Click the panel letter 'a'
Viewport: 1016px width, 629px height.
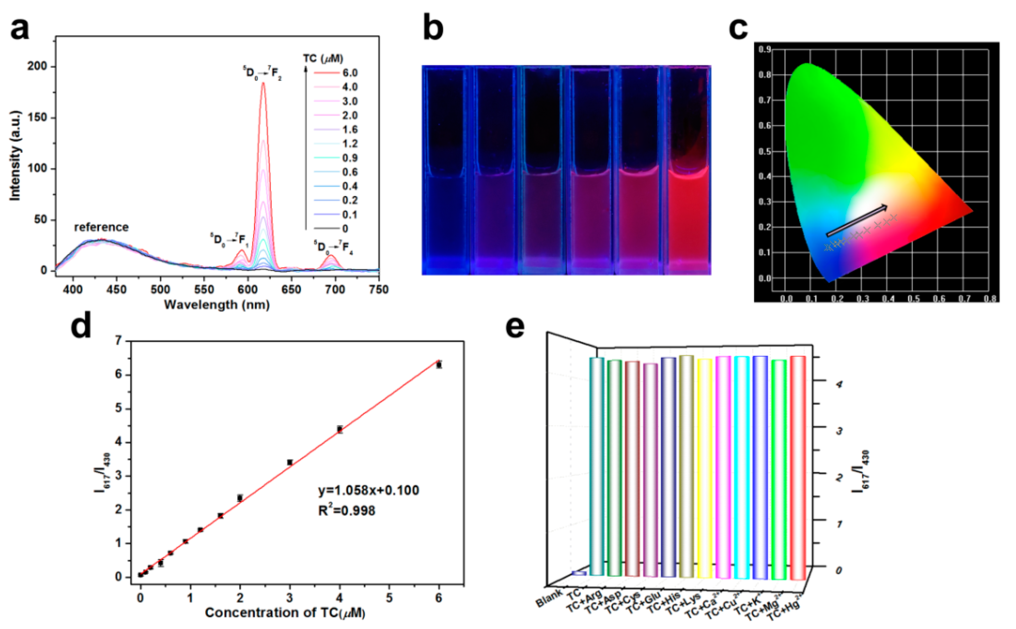[20, 29]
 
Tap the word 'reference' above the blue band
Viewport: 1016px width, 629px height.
[101, 227]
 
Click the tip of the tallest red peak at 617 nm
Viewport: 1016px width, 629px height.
[263, 83]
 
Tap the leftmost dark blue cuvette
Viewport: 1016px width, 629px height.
[446, 216]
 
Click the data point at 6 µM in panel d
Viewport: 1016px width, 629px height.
[438, 365]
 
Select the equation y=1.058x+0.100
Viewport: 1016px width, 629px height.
[369, 490]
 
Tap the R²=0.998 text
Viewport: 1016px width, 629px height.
[347, 510]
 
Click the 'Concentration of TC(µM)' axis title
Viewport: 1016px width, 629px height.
[285, 613]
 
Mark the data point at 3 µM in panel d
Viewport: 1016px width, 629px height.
[290, 462]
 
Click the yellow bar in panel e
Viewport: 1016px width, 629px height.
[705, 468]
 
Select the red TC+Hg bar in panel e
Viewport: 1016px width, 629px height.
[798, 468]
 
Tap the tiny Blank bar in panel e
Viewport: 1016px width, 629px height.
[579, 573]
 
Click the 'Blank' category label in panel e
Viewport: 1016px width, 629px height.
[548, 599]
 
